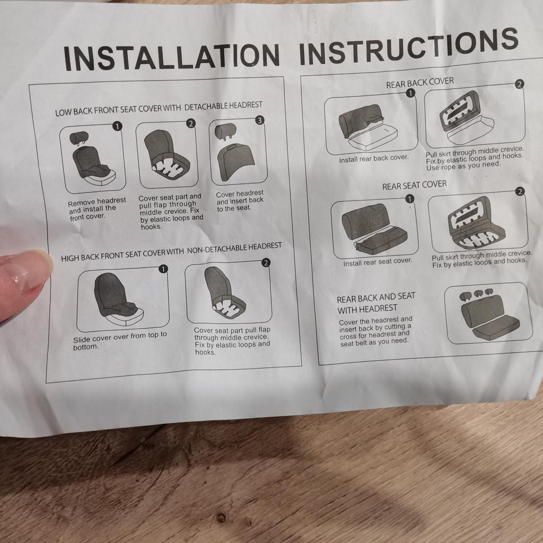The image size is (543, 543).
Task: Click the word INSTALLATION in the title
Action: (x=171, y=57)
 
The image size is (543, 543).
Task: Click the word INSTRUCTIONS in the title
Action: (x=409, y=47)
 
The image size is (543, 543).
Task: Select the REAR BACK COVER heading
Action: (x=420, y=83)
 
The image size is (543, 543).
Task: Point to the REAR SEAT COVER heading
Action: (x=414, y=185)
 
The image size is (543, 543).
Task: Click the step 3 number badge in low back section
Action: (x=259, y=120)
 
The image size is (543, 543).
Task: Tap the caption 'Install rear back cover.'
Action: (x=374, y=159)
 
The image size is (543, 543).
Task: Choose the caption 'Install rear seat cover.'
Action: (x=378, y=262)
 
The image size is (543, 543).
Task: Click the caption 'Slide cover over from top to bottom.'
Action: (x=120, y=340)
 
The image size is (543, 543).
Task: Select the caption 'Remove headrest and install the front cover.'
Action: (x=97, y=209)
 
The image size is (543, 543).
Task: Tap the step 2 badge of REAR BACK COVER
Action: (x=519, y=84)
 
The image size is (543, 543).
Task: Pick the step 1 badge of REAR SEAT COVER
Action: (x=409, y=199)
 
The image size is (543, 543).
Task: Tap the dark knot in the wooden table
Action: (x=221, y=518)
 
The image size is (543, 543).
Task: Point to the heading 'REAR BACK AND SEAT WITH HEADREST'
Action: (x=376, y=303)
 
